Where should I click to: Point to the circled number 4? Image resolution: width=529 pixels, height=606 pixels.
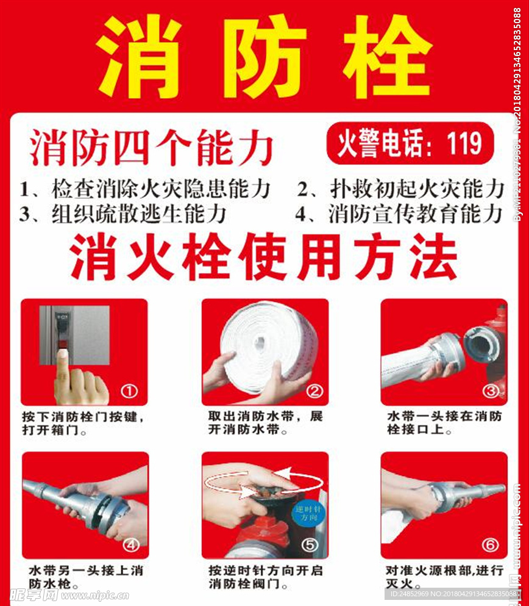[x=130, y=545]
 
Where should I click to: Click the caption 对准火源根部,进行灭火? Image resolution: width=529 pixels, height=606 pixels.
[x=444, y=577]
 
